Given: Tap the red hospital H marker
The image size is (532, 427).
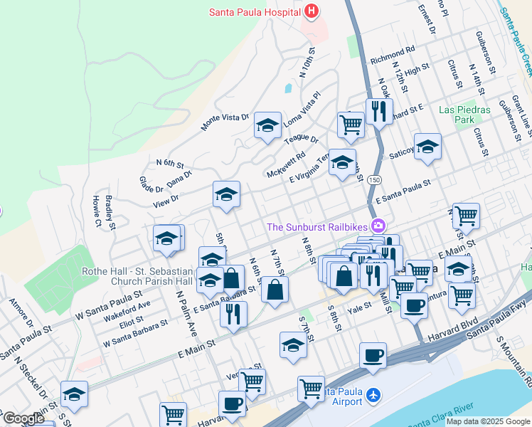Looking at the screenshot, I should click(311, 11).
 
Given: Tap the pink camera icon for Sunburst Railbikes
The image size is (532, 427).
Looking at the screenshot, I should click(378, 226).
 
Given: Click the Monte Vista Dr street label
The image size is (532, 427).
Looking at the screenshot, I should click(225, 122).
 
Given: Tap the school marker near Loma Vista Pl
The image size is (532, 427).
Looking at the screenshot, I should click(267, 127).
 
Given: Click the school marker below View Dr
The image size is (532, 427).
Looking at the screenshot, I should click(226, 194).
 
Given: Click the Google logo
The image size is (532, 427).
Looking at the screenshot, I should click(23, 418).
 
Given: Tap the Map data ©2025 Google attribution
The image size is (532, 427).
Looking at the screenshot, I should click(487, 421).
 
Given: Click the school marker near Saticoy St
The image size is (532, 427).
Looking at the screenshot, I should click(427, 147).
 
